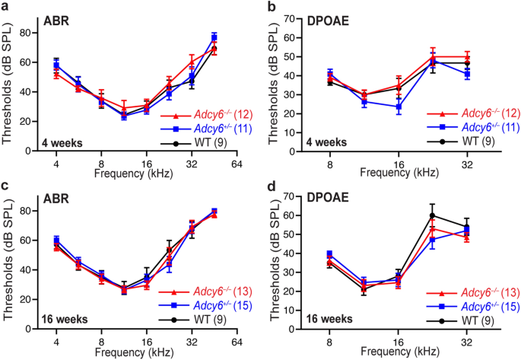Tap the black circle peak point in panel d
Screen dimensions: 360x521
432,215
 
